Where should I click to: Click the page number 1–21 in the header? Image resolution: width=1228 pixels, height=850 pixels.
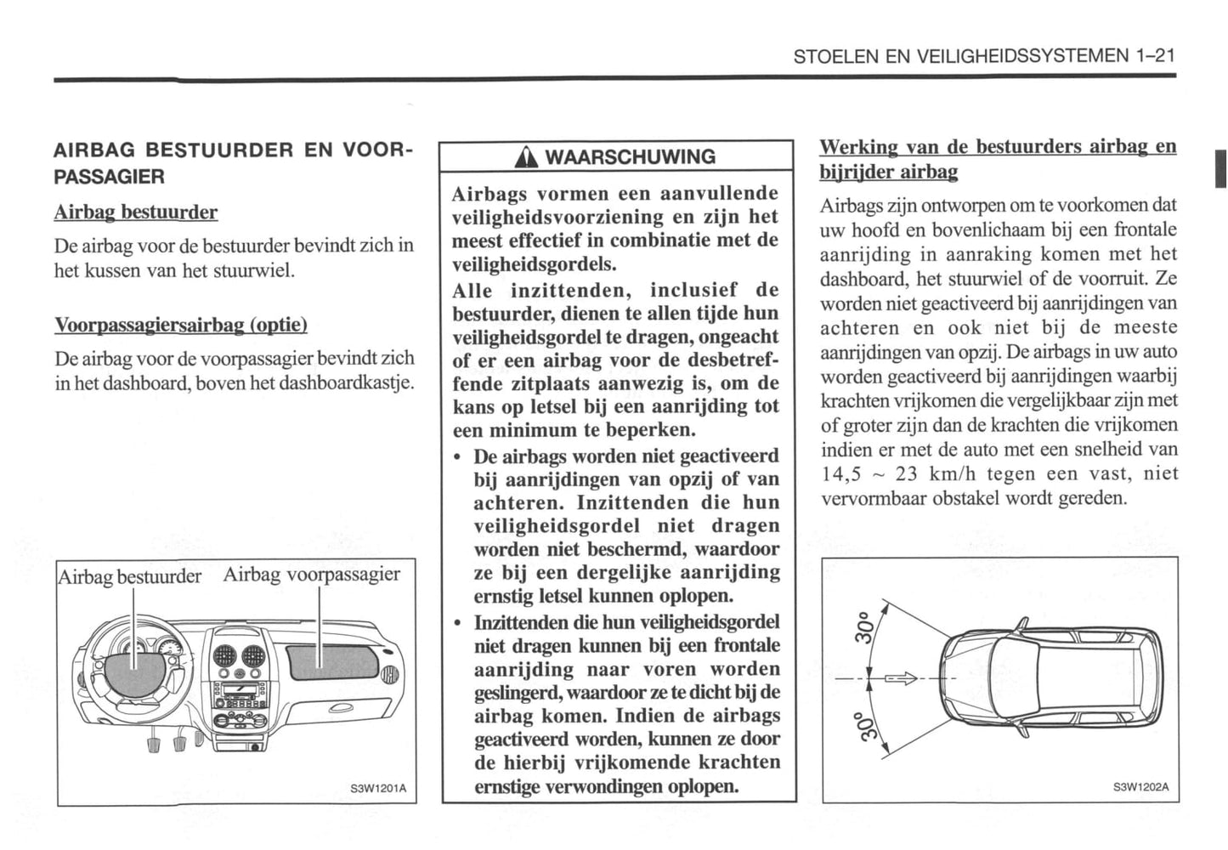(1154, 56)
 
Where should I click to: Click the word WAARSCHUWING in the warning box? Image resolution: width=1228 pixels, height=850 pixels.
(630, 157)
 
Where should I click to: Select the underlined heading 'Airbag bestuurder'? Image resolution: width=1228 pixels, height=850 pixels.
(136, 212)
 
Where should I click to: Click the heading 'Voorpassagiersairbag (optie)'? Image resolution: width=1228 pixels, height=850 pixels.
(181, 325)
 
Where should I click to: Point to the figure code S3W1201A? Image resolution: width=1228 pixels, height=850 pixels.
(379, 788)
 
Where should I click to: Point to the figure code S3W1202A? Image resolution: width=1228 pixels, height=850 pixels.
(1141, 786)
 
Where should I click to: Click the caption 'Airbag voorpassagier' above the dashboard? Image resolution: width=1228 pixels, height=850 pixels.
(311, 575)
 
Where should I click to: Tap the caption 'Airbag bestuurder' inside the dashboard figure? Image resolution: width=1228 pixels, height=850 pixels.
(130, 577)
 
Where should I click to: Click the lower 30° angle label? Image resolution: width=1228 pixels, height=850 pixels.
(863, 727)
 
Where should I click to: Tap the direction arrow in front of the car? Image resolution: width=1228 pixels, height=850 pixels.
(901, 678)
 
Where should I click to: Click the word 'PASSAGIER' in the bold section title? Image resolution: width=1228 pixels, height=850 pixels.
(110, 177)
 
